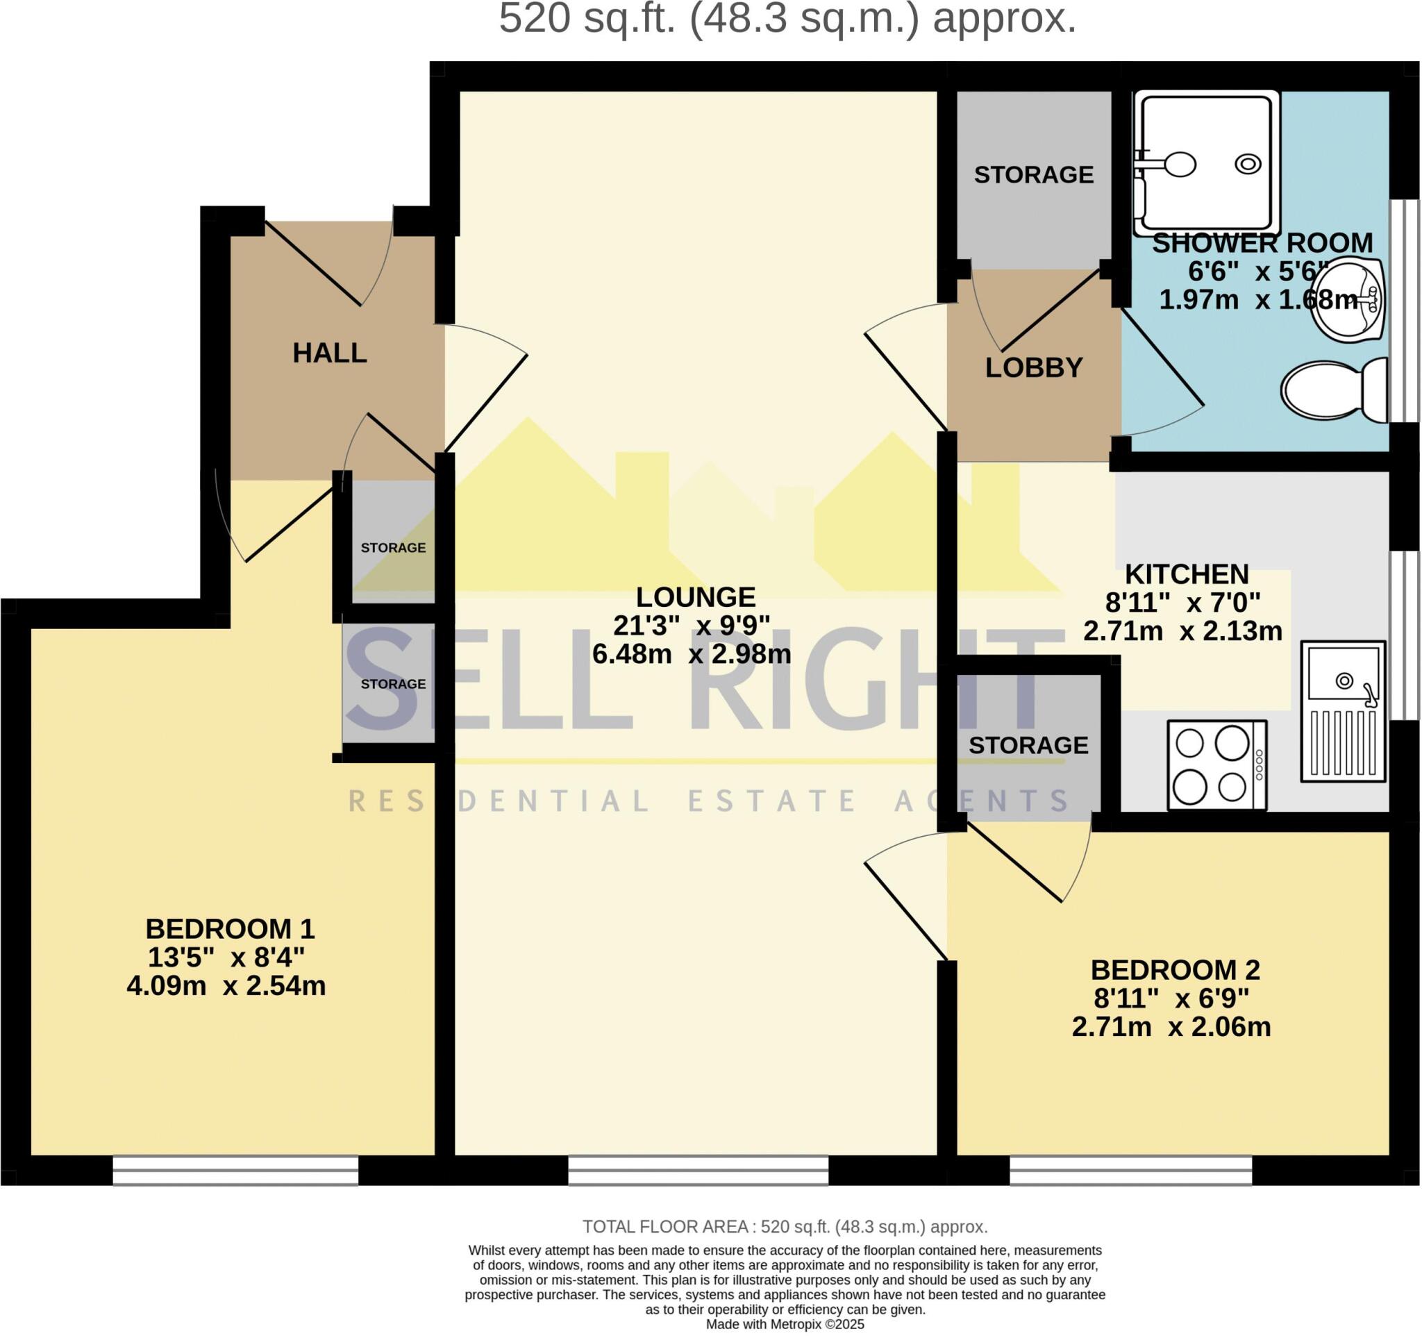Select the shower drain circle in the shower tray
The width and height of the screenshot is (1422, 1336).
click(1248, 165)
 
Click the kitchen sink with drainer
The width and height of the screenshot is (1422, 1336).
click(1343, 711)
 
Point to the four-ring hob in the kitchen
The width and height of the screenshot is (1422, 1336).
click(1216, 765)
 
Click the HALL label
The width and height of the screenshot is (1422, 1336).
click(330, 353)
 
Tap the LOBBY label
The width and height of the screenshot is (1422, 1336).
click(1034, 367)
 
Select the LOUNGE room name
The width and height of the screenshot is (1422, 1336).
click(695, 596)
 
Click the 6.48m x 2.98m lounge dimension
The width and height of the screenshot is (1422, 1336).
click(691, 653)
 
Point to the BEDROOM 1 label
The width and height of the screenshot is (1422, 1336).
click(231, 929)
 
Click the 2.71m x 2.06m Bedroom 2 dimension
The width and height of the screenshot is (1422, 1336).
click(1171, 1027)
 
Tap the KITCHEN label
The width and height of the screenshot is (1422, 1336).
click(1187, 574)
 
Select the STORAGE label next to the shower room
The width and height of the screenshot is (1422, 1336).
click(1034, 174)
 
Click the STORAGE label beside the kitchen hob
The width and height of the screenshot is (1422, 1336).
click(1028, 745)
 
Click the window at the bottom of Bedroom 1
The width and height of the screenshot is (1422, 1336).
click(235, 1170)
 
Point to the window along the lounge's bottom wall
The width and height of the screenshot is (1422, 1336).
click(698, 1170)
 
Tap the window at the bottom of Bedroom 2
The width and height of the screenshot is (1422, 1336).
click(1131, 1170)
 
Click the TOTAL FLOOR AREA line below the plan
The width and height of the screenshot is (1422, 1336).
click(785, 1227)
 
